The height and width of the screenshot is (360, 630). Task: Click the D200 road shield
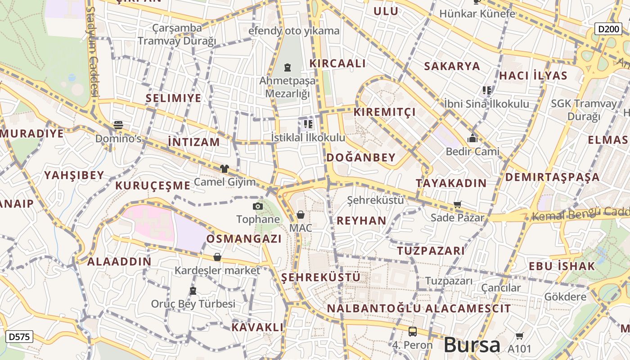(x=610, y=29)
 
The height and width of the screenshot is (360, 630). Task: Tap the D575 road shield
(x=19, y=336)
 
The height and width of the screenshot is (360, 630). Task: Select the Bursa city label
(x=472, y=345)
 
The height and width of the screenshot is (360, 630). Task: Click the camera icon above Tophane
(x=258, y=206)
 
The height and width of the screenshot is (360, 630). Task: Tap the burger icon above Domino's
(x=118, y=125)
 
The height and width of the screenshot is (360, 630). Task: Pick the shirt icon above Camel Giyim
(x=224, y=169)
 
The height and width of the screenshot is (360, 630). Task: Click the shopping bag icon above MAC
(x=301, y=215)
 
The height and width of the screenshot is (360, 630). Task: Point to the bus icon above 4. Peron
(x=412, y=332)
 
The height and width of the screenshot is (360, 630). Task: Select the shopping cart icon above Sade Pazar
(x=458, y=205)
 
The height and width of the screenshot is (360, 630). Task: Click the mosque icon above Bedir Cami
(x=472, y=138)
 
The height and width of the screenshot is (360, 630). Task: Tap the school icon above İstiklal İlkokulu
(x=308, y=124)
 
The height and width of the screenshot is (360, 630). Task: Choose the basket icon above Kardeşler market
(x=217, y=257)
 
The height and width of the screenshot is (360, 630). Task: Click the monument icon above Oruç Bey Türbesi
(x=193, y=291)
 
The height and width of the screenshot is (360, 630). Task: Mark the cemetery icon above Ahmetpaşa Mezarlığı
(x=288, y=68)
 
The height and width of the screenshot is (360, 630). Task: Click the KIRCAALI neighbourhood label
(x=337, y=63)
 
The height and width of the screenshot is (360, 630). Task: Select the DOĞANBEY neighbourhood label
(x=361, y=157)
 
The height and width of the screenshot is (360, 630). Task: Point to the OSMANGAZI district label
(x=244, y=239)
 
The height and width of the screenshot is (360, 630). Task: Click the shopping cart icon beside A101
(x=519, y=335)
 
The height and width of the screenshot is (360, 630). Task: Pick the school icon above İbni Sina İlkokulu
(x=486, y=90)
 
